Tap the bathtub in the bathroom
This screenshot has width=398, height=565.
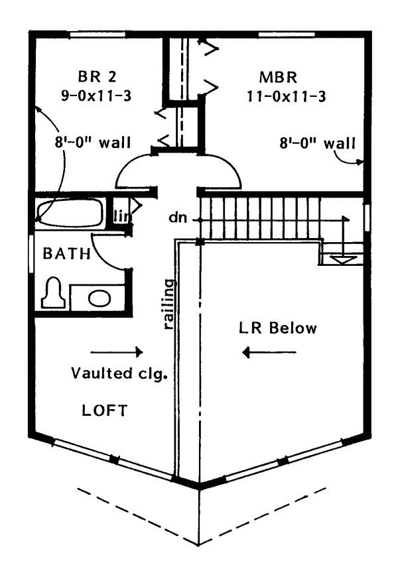click(x=69, y=214)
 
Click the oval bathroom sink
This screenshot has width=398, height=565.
click(x=99, y=298)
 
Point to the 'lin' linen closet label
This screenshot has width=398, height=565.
click(x=121, y=216)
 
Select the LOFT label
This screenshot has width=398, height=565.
click(x=104, y=410)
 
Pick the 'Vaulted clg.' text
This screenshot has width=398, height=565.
click(x=118, y=373)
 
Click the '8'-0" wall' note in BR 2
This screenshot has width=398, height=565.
click(x=93, y=142)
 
